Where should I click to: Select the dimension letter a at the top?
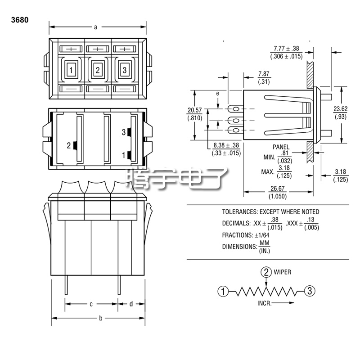coord(96,27)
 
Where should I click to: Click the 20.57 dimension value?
coord(194,110)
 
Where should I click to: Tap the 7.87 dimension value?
coord(264,74)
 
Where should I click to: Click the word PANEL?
coord(281,147)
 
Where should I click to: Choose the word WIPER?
coord(283,272)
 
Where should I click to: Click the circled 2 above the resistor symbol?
coord(266,272)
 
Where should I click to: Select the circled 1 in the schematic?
coord(222,291)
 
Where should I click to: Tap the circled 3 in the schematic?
coord(308,291)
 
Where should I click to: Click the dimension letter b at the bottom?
coord(100,318)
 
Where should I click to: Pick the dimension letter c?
coord(91,304)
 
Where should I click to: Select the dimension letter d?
coord(131,304)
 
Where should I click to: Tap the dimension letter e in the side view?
coord(218,93)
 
